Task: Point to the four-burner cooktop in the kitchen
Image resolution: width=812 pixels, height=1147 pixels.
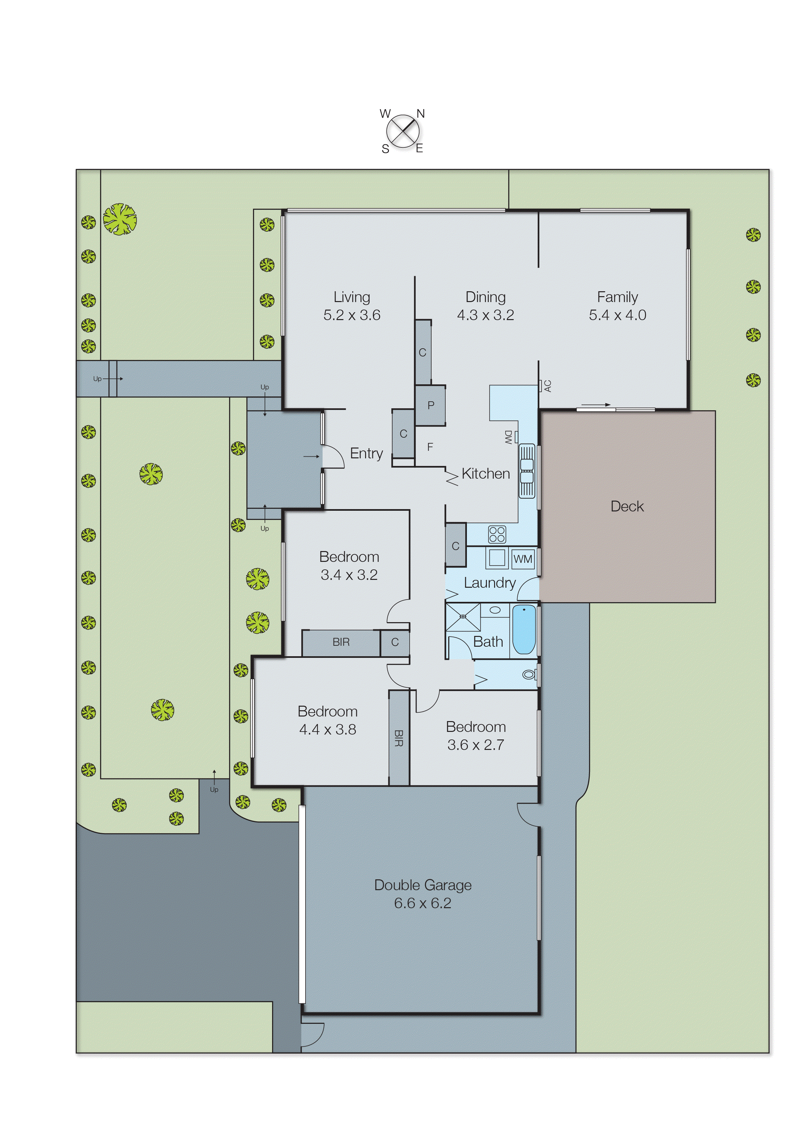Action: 497,534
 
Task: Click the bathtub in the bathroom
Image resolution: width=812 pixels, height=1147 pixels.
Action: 524,629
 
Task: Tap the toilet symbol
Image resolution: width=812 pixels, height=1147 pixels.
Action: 529,675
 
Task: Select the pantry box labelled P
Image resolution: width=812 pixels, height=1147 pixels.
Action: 431,405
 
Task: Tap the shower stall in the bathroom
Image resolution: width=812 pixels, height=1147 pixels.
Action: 463,617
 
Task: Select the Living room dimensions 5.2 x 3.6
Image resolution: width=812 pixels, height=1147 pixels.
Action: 352,315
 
